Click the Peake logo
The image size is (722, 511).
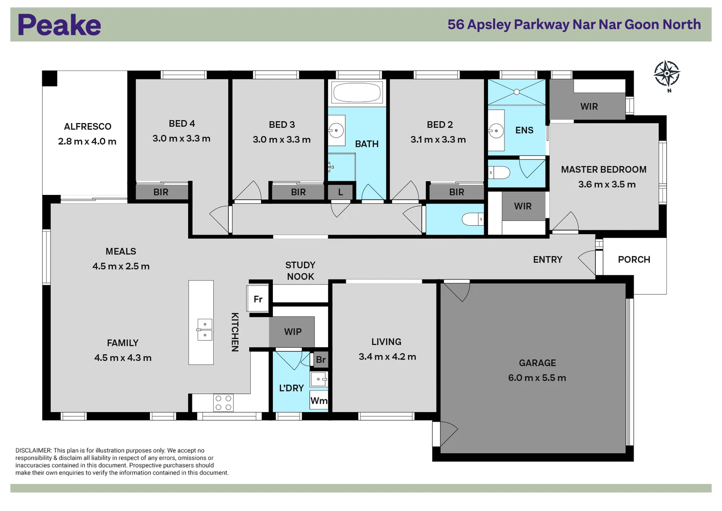(x=59, y=25)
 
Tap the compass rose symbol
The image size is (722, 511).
(x=667, y=74)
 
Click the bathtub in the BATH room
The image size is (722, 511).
(x=357, y=92)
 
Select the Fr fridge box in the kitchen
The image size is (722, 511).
(x=258, y=299)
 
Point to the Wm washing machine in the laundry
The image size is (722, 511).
(x=319, y=401)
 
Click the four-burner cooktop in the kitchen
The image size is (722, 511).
(x=223, y=403)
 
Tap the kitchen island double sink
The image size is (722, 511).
(x=205, y=329)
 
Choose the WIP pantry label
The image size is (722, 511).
(x=293, y=332)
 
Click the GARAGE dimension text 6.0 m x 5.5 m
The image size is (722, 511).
(x=537, y=378)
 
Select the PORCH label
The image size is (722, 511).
(x=634, y=259)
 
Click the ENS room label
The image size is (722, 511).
(x=524, y=130)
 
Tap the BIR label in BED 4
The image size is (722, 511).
(x=161, y=192)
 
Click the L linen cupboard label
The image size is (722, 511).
(x=340, y=192)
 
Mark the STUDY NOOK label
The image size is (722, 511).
(x=300, y=271)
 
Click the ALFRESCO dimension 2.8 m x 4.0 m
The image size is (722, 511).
(x=87, y=141)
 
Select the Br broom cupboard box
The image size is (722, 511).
(x=321, y=360)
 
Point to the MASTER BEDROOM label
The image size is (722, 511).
(x=603, y=169)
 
